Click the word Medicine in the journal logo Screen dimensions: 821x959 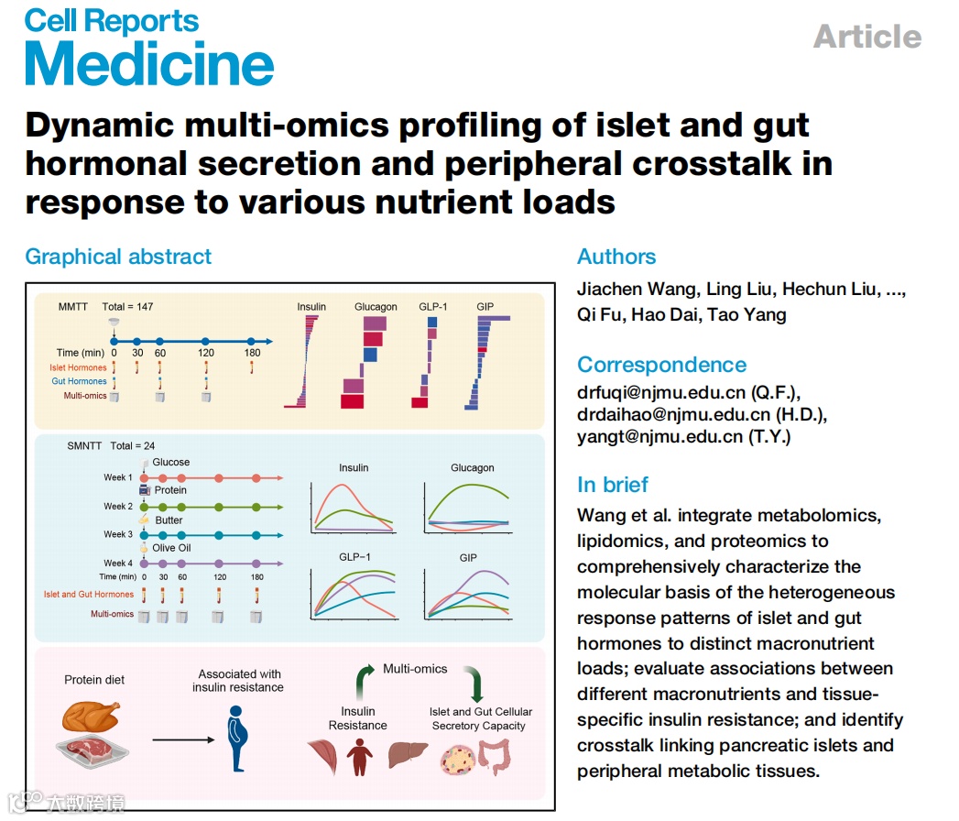coord(149,64)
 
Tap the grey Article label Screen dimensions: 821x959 coord(866,37)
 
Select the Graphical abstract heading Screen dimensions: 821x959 coord(118,257)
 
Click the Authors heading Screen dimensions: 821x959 coord(616,257)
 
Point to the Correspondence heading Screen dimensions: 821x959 coord(662,364)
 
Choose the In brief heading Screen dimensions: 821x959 coord(613,485)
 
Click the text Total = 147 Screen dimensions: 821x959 coord(127,307)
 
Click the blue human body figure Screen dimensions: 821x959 coord(237,737)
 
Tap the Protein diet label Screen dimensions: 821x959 coord(94,680)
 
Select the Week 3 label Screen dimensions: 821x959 coord(118,534)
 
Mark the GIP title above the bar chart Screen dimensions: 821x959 coord(485,307)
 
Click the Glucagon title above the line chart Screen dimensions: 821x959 coord(472,468)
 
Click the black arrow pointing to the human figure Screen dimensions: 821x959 coord(182,739)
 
